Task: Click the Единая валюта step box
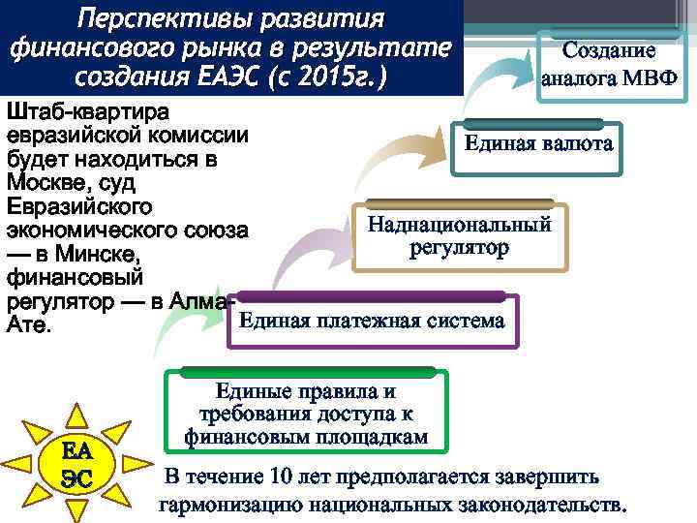[x=537, y=144]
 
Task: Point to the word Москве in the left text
[x=42, y=182]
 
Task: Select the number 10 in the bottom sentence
[x=285, y=477]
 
